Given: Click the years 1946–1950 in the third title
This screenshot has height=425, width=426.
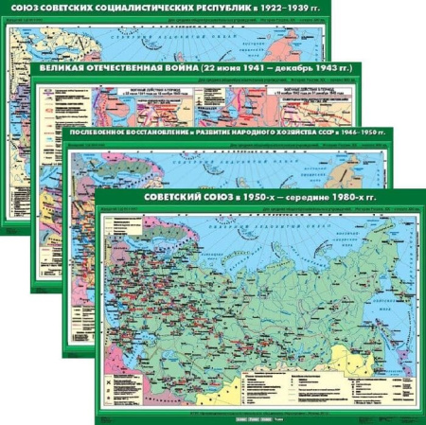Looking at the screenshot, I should pos(364,133).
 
